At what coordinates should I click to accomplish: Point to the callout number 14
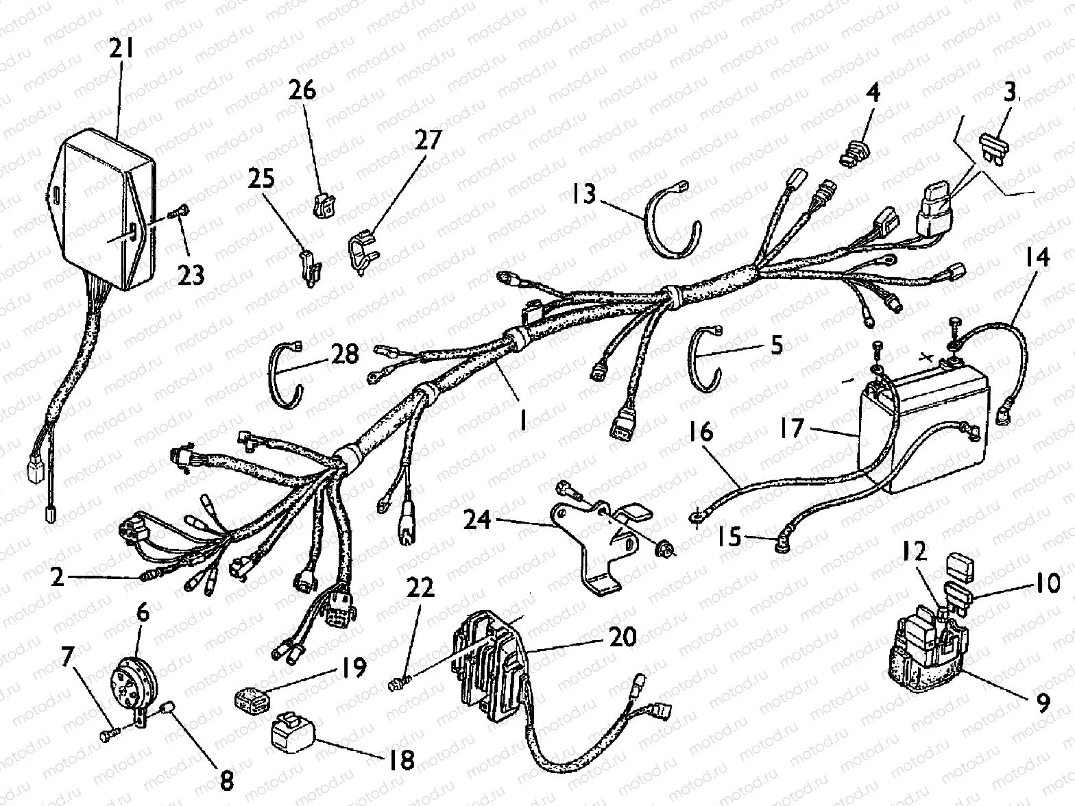coord(1037,258)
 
